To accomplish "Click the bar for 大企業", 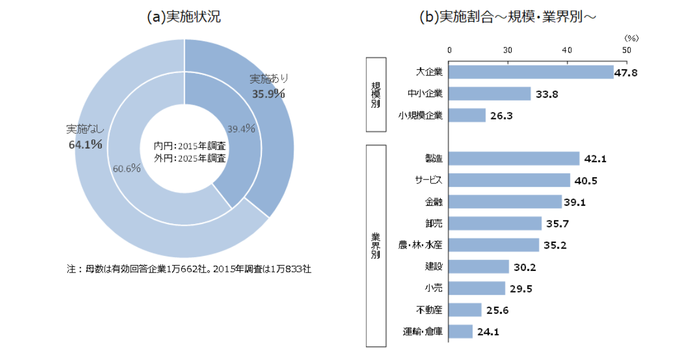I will click(x=531, y=72).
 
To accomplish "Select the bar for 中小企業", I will click(x=490, y=94).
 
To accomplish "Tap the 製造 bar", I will click(x=514, y=158).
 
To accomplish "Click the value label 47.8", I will click(x=625, y=73).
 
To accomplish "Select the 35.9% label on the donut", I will click(x=269, y=94).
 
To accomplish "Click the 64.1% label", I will click(x=85, y=145).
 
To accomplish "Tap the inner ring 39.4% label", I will click(x=241, y=129).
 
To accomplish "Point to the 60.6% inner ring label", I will click(x=127, y=169).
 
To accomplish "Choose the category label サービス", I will click(x=429, y=180).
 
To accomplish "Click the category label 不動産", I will click(x=430, y=310).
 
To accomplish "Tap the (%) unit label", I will click(x=631, y=38).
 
